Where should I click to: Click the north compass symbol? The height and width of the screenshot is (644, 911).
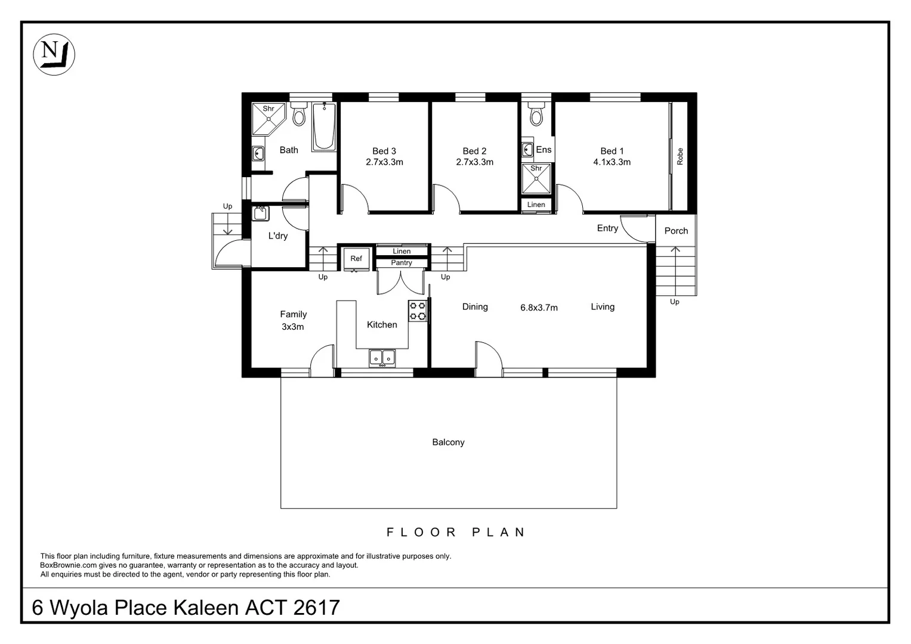point(54,54)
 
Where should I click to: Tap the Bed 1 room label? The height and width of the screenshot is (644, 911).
point(612,151)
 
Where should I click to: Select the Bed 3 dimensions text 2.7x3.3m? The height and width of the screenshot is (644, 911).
point(384,162)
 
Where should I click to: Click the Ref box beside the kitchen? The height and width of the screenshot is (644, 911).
point(356,259)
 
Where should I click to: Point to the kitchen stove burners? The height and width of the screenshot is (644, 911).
point(418,311)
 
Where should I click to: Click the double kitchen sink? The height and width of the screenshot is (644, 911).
point(382,357)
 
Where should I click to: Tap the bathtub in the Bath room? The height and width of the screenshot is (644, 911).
point(325,126)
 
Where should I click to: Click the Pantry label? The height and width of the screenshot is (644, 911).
point(402,263)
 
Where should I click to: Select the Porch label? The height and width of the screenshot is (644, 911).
point(676,231)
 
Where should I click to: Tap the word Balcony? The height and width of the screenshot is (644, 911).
point(448,442)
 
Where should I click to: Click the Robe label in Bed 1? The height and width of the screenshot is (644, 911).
point(680,157)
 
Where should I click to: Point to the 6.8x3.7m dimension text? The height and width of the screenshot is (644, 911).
point(539,308)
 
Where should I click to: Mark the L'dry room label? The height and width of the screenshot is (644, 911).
point(278,236)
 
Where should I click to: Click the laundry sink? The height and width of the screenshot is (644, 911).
point(261,212)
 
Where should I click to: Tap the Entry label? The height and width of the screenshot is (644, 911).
point(607,228)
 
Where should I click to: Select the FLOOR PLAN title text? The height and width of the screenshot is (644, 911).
point(456,532)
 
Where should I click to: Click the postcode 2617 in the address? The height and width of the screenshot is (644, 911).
point(317,608)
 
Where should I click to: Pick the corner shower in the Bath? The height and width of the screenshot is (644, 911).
point(267,119)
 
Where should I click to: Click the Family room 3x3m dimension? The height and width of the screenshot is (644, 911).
point(293,327)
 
